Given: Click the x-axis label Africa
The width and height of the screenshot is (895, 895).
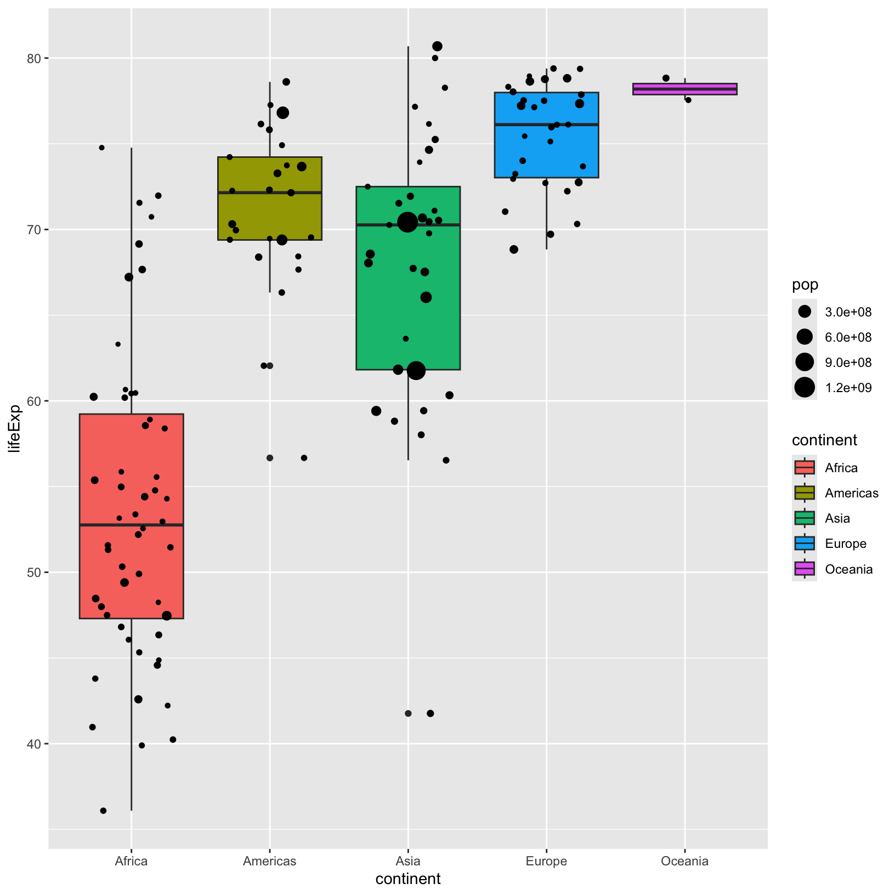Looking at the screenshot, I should (131, 860).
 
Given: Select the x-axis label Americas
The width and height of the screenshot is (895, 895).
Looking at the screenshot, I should (269, 860).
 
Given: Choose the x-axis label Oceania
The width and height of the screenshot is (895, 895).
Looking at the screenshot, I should (684, 860).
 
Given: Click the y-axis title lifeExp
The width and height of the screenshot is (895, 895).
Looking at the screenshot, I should (15, 428).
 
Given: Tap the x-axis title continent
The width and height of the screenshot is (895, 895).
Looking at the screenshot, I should (407, 879).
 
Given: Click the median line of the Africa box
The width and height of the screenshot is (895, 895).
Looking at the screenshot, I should (131, 525).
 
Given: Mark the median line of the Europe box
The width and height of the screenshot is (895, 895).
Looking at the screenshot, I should (546, 124).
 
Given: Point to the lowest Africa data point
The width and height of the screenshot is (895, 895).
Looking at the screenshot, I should (103, 811).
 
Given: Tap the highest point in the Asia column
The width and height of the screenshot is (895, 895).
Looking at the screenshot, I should (437, 46).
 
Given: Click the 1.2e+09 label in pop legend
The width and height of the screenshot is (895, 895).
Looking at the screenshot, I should (848, 388).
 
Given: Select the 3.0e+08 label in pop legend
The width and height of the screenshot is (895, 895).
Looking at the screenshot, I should (848, 313).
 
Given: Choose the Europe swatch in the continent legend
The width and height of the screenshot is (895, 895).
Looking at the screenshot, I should (805, 543).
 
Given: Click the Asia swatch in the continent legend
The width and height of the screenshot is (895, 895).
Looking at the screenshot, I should (805, 518).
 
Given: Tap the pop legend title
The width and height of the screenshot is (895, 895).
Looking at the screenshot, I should (805, 285).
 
